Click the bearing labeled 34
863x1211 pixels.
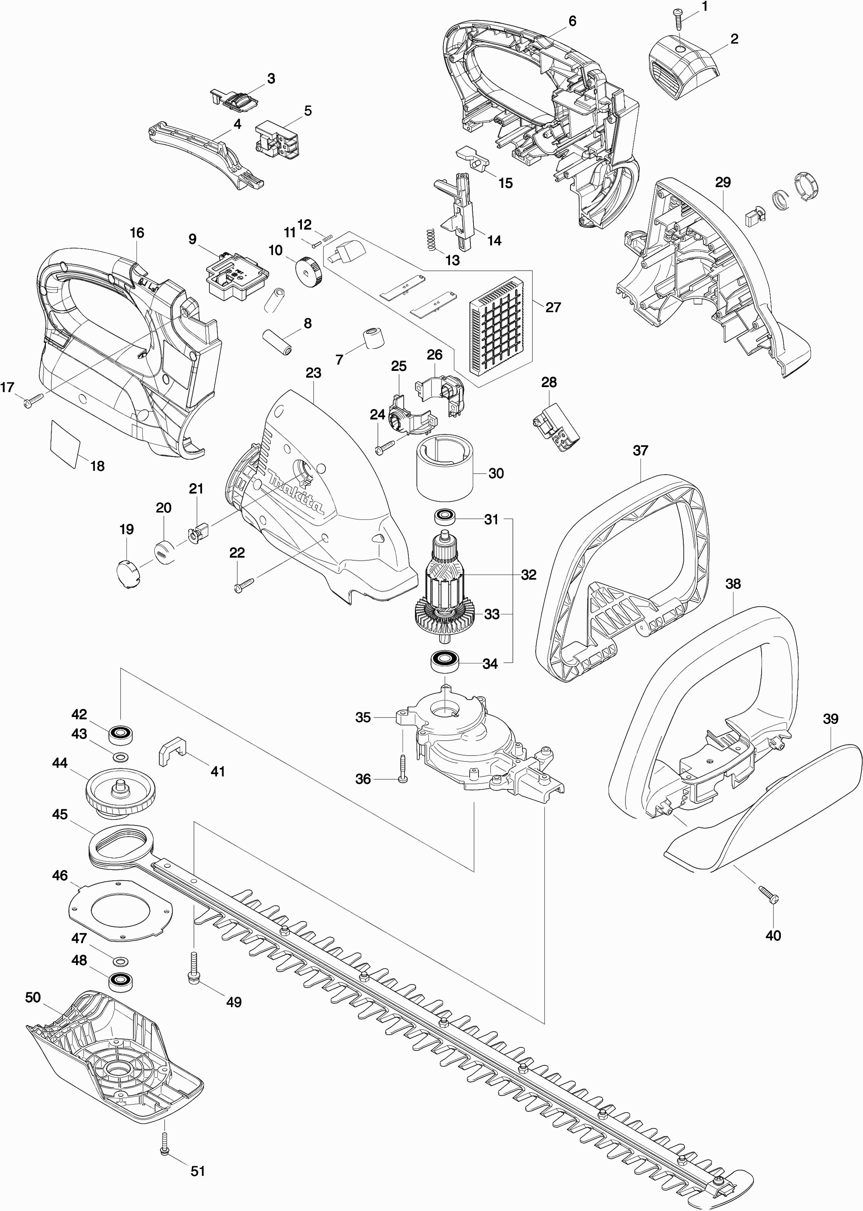tap(445, 661)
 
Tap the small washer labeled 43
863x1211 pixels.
tap(120, 756)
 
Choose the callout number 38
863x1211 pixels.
tap(733, 584)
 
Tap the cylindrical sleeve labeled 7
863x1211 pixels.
tap(373, 338)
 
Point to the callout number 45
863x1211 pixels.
tap(60, 814)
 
